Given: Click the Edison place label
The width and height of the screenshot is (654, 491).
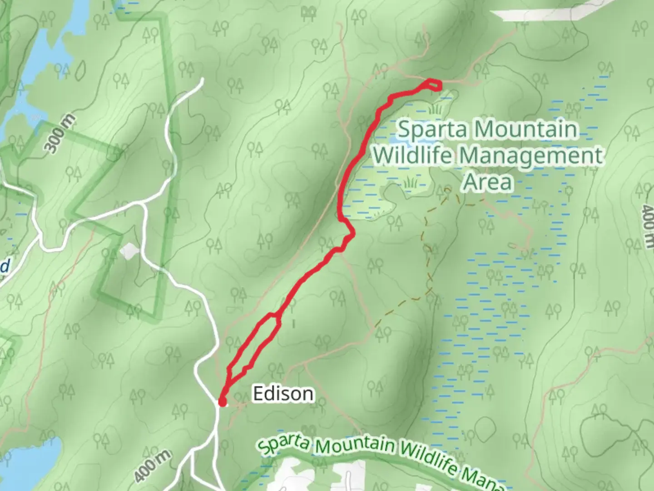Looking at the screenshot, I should (x=282, y=394).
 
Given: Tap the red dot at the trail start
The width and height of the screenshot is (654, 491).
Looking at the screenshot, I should (x=222, y=402).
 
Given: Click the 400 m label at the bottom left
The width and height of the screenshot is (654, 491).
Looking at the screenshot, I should (x=153, y=466).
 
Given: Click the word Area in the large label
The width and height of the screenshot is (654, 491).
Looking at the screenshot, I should (x=487, y=182).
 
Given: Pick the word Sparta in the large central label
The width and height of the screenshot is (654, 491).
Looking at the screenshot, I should (x=431, y=130).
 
